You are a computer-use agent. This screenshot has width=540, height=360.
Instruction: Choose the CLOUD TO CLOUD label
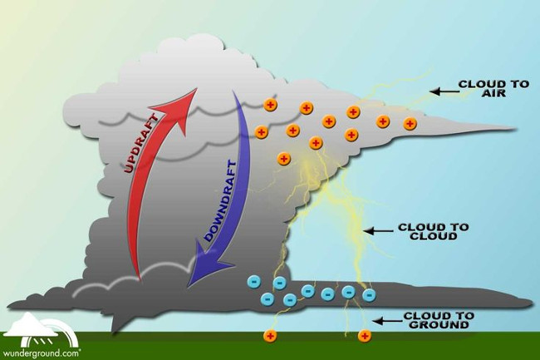point(434,231)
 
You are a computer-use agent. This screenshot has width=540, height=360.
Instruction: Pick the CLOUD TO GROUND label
point(438,321)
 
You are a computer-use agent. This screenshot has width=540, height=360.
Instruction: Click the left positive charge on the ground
point(270,336)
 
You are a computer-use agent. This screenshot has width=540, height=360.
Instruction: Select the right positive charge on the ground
point(364,336)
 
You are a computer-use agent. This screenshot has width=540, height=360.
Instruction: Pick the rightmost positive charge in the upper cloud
point(410,124)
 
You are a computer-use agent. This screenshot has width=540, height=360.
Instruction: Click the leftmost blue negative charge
point(253,283)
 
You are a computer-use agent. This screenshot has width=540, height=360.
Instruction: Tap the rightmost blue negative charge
point(369,293)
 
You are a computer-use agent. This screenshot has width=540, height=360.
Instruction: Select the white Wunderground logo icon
point(40,324)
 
